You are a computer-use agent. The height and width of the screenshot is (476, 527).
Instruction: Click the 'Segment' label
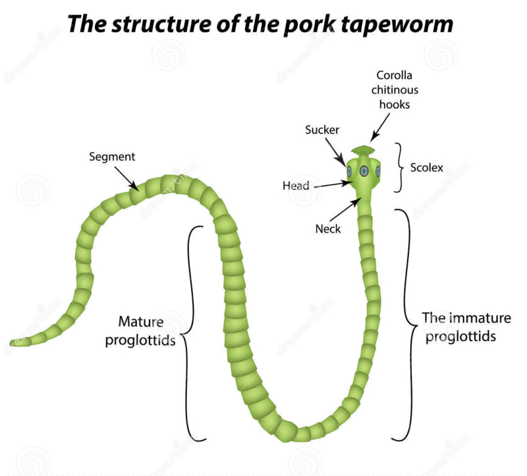coord(112,157)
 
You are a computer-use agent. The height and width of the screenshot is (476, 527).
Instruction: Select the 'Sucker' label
coord(321,130)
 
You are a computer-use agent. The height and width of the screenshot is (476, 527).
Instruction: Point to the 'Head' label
coord(296,186)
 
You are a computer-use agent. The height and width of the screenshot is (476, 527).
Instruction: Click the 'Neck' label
coord(328,229)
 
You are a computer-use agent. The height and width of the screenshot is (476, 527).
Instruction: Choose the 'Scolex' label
coord(426,168)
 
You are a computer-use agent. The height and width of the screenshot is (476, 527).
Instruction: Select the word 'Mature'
coord(140,322)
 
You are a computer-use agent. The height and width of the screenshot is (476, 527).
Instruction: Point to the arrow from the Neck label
coord(346,210)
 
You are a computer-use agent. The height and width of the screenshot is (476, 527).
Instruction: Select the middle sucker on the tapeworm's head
coord(363,171)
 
